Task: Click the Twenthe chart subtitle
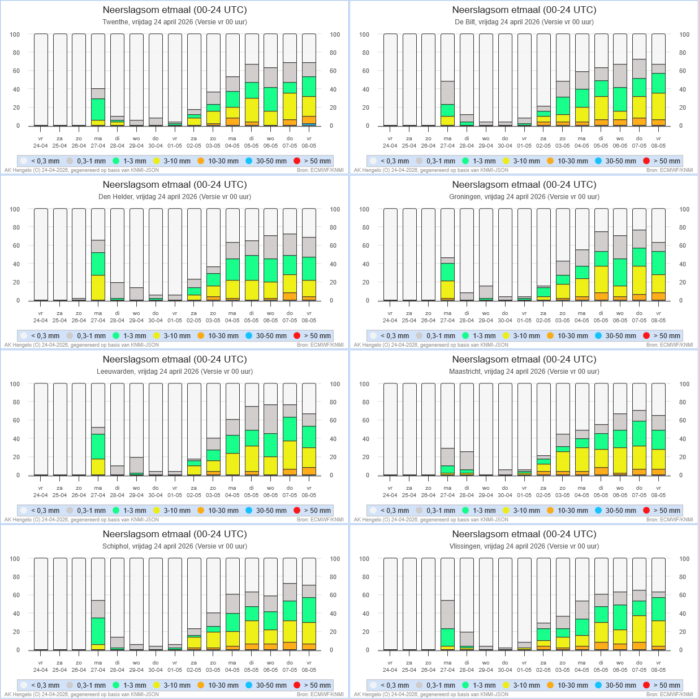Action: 175,22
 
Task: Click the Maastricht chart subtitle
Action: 524,372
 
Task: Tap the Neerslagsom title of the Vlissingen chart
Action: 524,534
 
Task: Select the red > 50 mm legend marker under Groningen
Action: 646,336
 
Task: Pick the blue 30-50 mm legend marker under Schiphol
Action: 249,685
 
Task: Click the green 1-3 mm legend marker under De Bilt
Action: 465,161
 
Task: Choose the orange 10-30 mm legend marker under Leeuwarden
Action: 201,511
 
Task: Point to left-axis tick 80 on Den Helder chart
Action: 15,227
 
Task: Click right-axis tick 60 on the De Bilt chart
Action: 684,71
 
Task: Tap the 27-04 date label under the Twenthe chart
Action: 98,146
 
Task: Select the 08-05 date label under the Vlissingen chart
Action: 658,670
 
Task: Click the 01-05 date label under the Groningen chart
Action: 524,321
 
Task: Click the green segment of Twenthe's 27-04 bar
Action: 98,109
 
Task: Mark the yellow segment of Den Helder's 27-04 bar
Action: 98,287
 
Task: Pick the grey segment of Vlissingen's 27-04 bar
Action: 448,614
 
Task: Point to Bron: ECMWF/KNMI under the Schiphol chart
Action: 320,694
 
